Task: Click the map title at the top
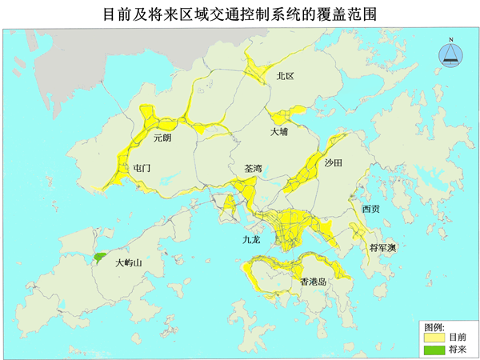click(x=240, y=14)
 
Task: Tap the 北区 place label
click(x=285, y=76)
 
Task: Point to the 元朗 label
click(x=162, y=138)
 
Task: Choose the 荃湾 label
click(x=253, y=169)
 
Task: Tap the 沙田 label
click(x=333, y=162)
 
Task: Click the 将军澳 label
click(x=382, y=247)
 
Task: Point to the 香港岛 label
click(x=313, y=282)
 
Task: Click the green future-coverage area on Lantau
click(x=100, y=258)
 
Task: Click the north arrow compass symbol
click(x=451, y=54)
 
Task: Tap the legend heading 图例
click(x=434, y=327)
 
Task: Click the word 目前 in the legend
click(x=457, y=338)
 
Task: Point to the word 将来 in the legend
click(x=457, y=350)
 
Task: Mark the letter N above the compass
click(x=451, y=39)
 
